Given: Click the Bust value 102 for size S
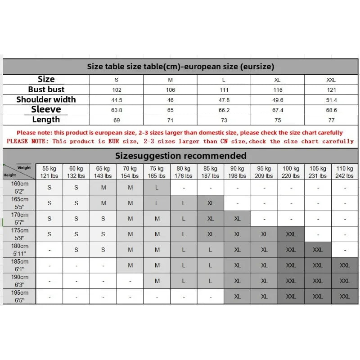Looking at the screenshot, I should (x=117, y=90).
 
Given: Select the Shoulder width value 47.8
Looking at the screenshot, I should (x=224, y=100).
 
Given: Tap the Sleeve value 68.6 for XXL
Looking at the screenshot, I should (x=331, y=110).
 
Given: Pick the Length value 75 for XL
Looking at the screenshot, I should (x=278, y=120).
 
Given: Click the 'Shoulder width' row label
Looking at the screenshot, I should (x=46, y=99).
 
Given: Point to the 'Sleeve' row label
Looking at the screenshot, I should (x=46, y=109).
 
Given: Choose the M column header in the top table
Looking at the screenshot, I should (x=171, y=80).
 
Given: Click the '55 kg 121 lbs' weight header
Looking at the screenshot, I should (x=49, y=172).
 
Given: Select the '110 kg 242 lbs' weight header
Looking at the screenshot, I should (x=345, y=172).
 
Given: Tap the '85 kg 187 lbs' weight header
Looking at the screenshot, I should (x=211, y=172).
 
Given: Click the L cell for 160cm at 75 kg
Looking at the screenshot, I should (x=157, y=188).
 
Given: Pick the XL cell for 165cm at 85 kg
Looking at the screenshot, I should (x=211, y=203).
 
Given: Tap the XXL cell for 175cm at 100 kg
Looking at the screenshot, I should (x=291, y=234).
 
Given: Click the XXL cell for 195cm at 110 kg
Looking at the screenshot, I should (x=345, y=297).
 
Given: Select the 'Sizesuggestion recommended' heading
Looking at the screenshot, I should (x=180, y=156).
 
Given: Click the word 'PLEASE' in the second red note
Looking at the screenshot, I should (x=18, y=141).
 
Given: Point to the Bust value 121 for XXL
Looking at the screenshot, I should (x=331, y=90).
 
